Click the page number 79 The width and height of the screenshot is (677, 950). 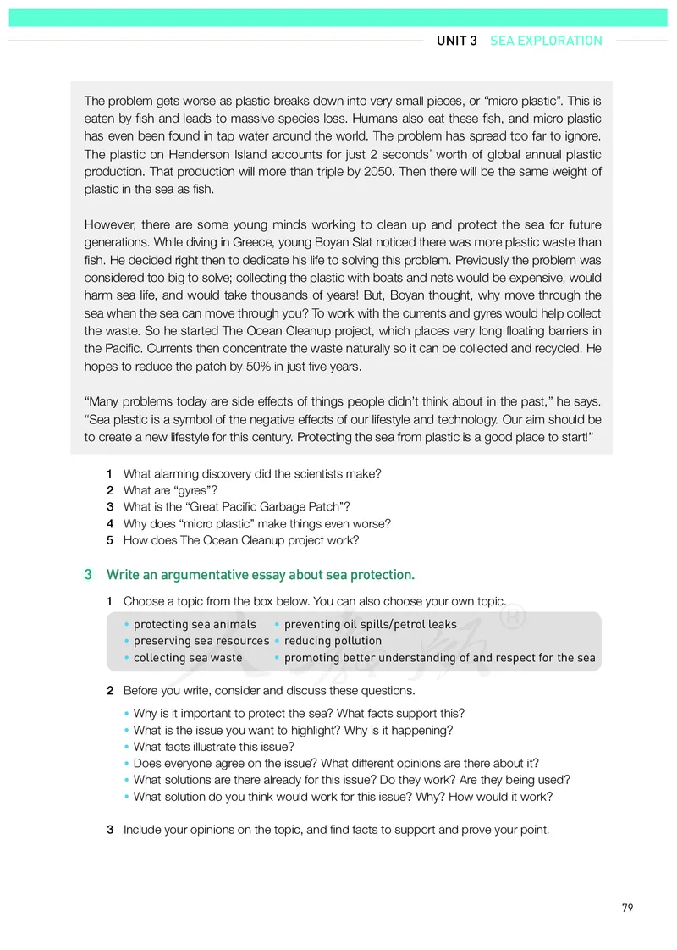click(x=627, y=908)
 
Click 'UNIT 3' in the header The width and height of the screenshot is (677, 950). click(x=457, y=41)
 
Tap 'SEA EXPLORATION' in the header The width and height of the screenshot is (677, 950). click(x=546, y=41)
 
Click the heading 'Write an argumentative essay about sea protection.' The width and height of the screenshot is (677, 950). click(x=260, y=575)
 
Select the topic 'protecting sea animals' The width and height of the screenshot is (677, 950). click(x=194, y=624)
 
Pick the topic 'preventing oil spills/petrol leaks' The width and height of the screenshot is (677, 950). click(x=370, y=624)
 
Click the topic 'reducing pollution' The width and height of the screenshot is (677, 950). click(x=333, y=641)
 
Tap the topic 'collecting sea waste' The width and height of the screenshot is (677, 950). click(x=188, y=658)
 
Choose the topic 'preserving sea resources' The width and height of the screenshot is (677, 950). click(x=201, y=641)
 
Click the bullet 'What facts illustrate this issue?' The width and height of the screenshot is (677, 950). click(x=213, y=747)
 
